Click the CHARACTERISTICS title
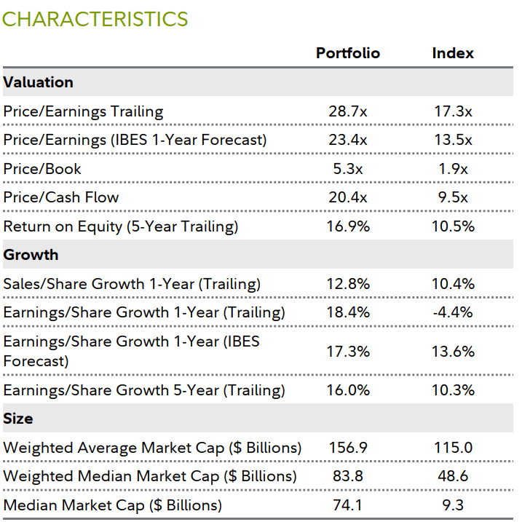[95, 19]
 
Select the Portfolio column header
[347, 53]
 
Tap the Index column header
[452, 53]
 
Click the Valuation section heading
[38, 82]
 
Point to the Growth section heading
[31, 255]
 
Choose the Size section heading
[19, 419]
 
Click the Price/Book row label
[42, 169]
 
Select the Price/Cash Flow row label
[61, 197]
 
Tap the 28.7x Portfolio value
[347, 111]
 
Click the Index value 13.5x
[452, 140]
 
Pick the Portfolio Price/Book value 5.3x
[347, 169]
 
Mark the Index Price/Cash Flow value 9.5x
[452, 197]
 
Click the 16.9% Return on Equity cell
[347, 226]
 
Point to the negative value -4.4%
[452, 312]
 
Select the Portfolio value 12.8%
[347, 284]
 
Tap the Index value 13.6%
[452, 351]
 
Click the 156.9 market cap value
[347, 448]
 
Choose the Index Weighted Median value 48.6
[452, 476]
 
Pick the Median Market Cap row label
[112, 505]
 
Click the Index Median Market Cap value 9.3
[452, 505]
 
